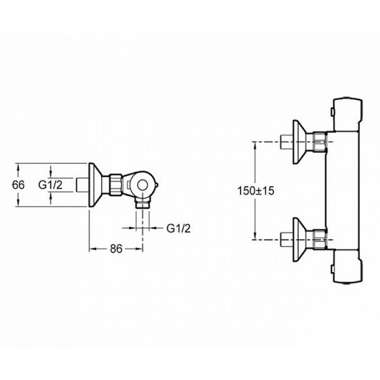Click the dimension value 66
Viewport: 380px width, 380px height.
pyautogui.click(x=19, y=185)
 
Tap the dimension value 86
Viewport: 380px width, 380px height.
pyautogui.click(x=116, y=248)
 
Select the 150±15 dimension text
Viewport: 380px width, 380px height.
pyautogui.click(x=256, y=191)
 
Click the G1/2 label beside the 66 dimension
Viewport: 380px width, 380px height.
pyautogui.click(x=50, y=185)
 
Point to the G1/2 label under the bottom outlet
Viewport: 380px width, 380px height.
pyautogui.click(x=179, y=228)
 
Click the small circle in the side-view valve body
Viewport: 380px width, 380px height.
pyautogui.click(x=142, y=185)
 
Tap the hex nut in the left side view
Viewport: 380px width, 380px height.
pyautogui.click(x=115, y=185)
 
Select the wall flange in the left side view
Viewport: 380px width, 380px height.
pyautogui.click(x=95, y=185)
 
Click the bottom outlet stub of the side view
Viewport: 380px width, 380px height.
pyautogui.click(x=142, y=203)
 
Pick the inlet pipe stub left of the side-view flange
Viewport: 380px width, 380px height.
pyautogui.click(x=83, y=185)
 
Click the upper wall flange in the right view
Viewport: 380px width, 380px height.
pyautogui.click(x=299, y=142)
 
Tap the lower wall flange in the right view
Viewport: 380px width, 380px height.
pyautogui.click(x=299, y=240)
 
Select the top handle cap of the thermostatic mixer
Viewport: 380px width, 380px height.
pyautogui.click(x=348, y=114)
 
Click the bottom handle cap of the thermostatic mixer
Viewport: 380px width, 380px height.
pyautogui.click(x=348, y=266)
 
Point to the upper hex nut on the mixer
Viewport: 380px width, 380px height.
pyautogui.click(x=319, y=142)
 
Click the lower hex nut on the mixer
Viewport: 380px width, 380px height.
pyautogui.click(x=319, y=240)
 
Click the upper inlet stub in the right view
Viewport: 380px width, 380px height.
pyautogui.click(x=286, y=142)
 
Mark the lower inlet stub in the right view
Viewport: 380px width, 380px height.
pyautogui.click(x=286, y=240)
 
